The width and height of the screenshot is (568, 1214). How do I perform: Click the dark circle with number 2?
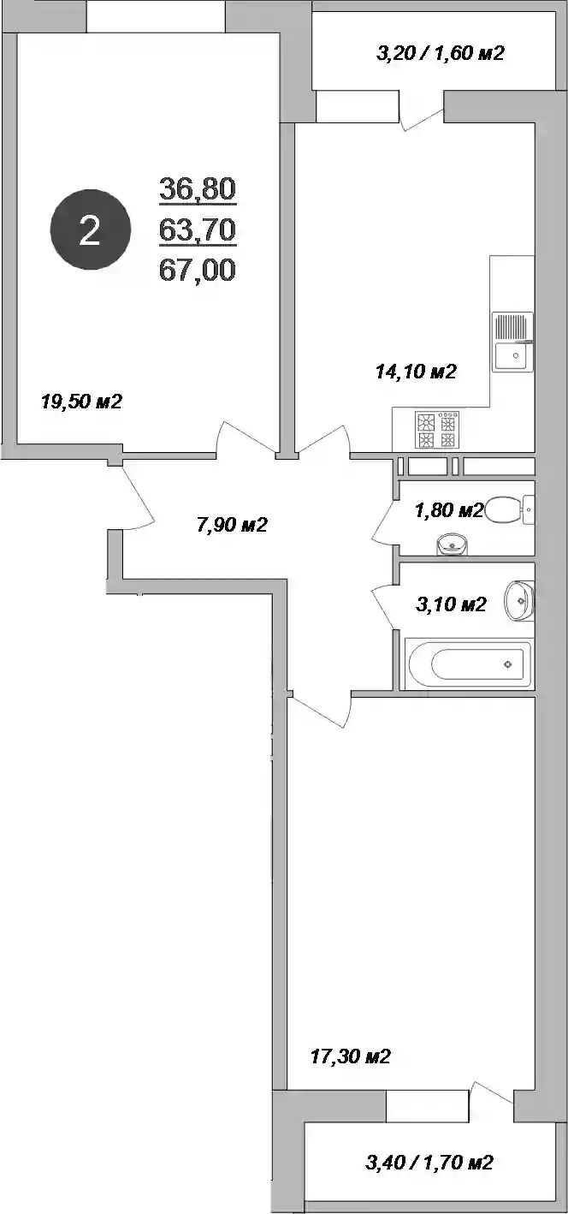[91, 229]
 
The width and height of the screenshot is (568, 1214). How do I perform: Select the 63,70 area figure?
[198, 229]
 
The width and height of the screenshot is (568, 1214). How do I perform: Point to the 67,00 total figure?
[198, 270]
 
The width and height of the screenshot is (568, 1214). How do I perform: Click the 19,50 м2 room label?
[81, 402]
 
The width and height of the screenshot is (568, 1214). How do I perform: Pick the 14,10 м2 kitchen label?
[416, 372]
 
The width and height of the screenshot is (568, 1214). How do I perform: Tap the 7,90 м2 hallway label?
[233, 525]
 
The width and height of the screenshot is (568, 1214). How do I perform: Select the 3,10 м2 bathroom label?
[451, 604]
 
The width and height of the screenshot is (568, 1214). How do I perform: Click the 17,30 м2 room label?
[351, 1056]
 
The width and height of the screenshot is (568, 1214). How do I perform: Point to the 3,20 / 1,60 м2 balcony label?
[441, 52]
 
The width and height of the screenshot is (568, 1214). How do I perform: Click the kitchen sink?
[512, 342]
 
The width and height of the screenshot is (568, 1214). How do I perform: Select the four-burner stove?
[437, 430]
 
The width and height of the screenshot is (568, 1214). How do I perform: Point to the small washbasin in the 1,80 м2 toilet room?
[452, 545]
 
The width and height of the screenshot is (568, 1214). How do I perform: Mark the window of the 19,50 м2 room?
[156, 17]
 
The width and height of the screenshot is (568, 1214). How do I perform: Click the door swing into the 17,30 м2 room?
[320, 711]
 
